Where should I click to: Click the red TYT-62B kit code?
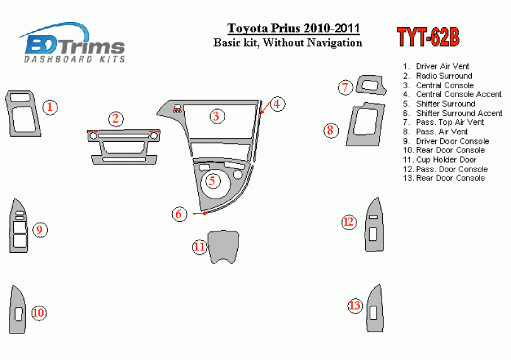(428, 37)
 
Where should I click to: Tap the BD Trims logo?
(73, 43)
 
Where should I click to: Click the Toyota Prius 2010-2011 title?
(293, 28)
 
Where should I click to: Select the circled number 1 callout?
(50, 107)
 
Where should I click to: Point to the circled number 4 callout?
(277, 104)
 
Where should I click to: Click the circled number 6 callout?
(179, 214)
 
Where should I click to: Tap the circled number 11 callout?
(199, 247)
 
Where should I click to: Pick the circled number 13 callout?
(355, 306)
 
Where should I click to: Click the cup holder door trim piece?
(223, 247)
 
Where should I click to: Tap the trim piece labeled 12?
(375, 225)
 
